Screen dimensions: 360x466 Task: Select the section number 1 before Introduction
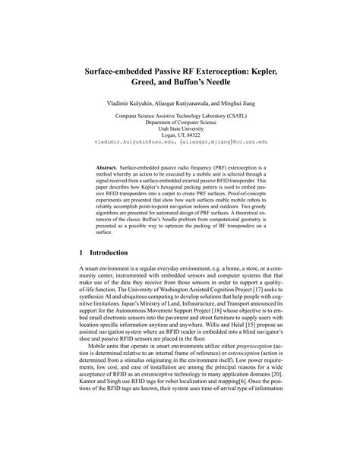(81, 252)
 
